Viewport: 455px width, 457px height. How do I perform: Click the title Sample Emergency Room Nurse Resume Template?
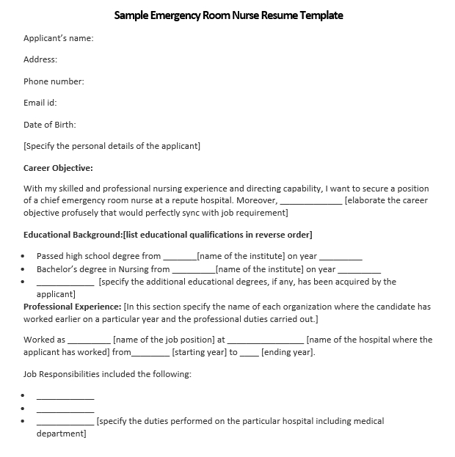pyautogui.click(x=228, y=15)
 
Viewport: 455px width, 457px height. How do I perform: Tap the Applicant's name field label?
pyautogui.click(x=59, y=38)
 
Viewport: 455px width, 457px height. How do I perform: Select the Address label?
pyautogui.click(x=40, y=59)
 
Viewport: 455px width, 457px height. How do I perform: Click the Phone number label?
pyautogui.click(x=54, y=81)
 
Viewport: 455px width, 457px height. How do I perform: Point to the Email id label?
pyautogui.click(x=40, y=103)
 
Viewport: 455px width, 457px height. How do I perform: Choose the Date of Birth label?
pyautogui.click(x=50, y=125)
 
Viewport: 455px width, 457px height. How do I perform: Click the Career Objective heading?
pyautogui.click(x=58, y=168)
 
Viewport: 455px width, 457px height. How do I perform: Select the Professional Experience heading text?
pyautogui.click(x=72, y=307)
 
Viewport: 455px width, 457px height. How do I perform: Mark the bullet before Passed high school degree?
pyautogui.click(x=23, y=257)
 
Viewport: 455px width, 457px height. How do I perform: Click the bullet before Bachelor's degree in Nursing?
pyautogui.click(x=23, y=269)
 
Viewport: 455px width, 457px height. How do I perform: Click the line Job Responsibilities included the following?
pyautogui.click(x=107, y=374)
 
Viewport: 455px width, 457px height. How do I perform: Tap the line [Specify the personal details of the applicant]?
pyautogui.click(x=112, y=146)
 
